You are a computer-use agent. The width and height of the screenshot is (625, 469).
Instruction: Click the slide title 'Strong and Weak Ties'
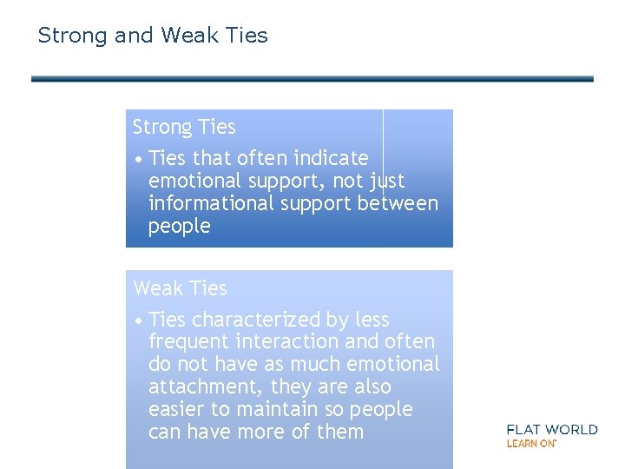coord(153,36)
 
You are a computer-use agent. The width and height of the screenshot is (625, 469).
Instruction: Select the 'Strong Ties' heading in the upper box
coord(184,128)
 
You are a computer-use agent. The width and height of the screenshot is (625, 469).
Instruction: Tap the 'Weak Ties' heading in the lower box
coord(180,288)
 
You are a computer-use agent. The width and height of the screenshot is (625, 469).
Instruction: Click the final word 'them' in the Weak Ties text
coord(340,432)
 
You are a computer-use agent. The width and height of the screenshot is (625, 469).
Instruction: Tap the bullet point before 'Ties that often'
coord(139,160)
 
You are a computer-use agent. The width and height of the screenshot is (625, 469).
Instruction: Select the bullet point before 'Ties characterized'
coord(139,321)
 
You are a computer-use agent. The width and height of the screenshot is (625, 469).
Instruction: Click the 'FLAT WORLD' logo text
coord(551,429)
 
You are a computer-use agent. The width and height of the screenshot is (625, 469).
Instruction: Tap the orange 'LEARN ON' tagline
coord(530,444)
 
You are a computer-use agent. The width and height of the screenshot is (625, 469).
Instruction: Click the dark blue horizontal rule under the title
coord(312,79)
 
